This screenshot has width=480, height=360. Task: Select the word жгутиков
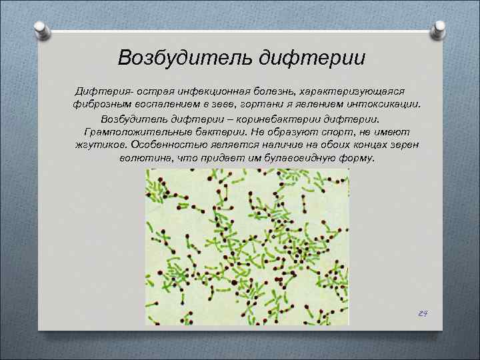click(102, 146)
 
